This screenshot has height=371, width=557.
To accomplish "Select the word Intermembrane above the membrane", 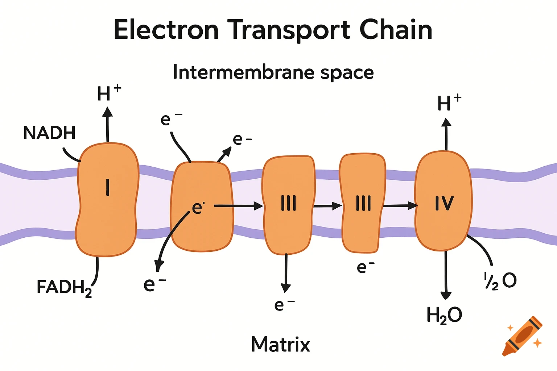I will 243,72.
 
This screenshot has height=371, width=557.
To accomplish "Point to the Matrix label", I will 280,344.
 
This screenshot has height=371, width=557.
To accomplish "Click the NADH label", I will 49,133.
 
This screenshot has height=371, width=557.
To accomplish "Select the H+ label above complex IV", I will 449,103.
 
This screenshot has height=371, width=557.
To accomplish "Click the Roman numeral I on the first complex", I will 108,187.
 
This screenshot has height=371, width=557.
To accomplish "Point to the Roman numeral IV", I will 444,203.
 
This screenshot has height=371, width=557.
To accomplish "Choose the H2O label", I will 444,315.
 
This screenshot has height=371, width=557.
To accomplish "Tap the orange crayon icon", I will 522,336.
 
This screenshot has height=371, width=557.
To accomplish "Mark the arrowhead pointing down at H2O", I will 446,295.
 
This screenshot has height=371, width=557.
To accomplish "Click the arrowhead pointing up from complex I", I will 107,111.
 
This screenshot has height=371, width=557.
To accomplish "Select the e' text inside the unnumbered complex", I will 198,208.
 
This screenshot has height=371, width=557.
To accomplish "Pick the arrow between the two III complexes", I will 327,206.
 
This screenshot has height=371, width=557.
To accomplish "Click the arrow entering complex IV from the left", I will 400,206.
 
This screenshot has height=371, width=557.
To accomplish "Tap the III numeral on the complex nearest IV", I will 363,203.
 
